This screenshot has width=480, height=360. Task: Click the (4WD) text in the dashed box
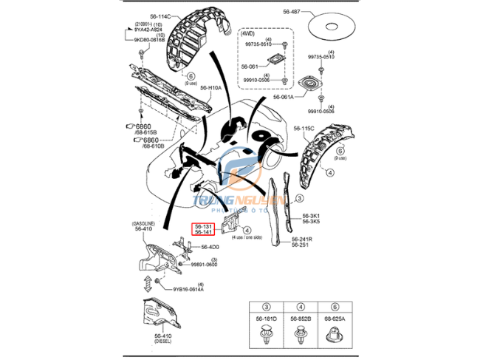click(250, 33)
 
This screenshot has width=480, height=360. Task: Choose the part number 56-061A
click(283, 97)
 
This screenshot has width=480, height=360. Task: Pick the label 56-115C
click(304, 128)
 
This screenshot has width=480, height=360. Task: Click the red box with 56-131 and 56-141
click(204, 229)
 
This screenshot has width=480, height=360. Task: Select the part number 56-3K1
click(311, 216)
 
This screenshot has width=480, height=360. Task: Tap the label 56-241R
click(302, 240)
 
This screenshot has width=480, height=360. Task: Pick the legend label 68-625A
click(334, 319)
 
